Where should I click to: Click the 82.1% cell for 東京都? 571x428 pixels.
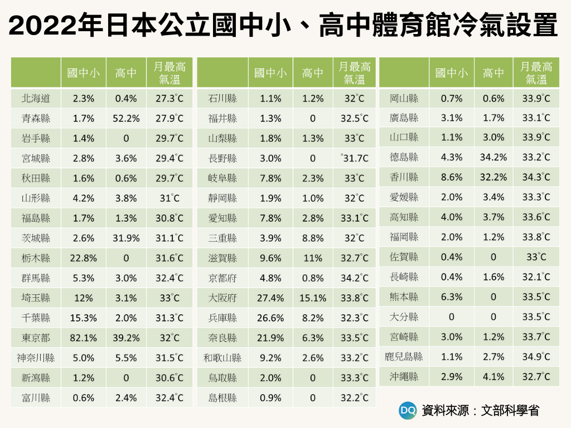point(84,338)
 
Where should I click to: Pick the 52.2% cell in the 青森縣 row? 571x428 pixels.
point(126,119)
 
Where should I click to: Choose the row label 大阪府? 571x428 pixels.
point(222,298)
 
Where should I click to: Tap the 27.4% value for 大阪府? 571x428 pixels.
point(270,298)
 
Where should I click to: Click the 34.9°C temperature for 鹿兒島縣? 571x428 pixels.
point(536,357)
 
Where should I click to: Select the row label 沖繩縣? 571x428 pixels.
point(404,377)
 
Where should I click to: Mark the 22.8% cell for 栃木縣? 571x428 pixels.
point(84,258)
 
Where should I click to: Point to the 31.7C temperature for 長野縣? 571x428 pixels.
point(354,158)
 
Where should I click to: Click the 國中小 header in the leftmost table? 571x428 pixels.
point(84,72)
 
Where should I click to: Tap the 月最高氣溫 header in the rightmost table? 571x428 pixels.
point(536,72)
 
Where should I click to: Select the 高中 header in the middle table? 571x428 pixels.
point(313,72)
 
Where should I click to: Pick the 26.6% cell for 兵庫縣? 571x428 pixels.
point(270,318)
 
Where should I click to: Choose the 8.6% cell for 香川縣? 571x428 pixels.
point(452,177)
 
